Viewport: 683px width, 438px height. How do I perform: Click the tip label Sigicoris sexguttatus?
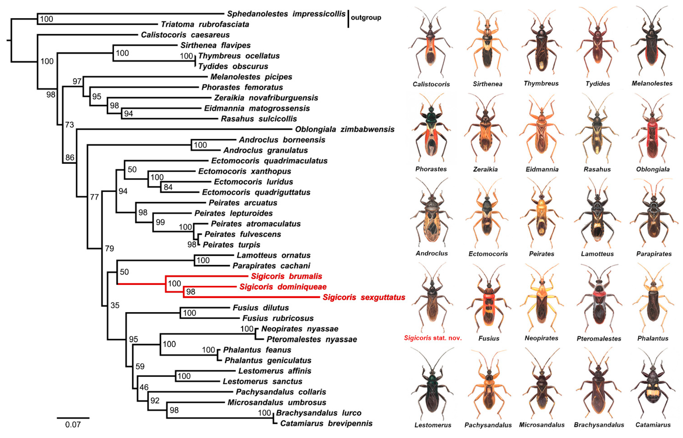tap(364, 297)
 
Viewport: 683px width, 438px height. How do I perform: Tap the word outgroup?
tap(366, 18)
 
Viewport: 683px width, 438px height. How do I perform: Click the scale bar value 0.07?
tap(73, 425)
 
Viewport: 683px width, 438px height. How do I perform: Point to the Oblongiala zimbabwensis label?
tap(345, 129)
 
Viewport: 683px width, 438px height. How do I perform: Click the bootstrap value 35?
tap(115, 305)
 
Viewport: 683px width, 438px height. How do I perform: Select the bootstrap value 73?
tap(69, 125)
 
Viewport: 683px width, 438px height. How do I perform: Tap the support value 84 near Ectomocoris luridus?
tap(168, 187)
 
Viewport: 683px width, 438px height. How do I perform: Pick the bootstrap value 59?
tap(140, 366)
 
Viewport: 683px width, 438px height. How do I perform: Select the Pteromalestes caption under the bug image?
tap(599, 339)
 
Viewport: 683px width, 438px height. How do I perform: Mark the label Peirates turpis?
tap(231, 245)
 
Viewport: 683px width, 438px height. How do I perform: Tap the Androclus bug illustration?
tap(432, 213)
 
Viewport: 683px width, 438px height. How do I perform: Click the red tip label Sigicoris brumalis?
tap(286, 276)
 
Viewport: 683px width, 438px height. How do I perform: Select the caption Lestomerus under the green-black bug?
tap(433, 425)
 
